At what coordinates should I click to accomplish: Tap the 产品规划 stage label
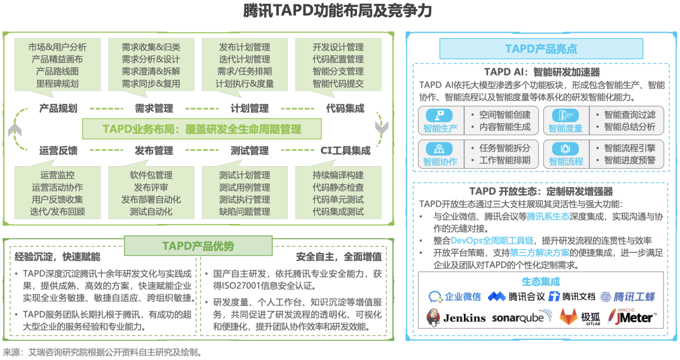[58, 108]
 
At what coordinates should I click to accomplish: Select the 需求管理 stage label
[154, 108]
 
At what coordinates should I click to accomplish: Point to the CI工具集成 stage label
[345, 150]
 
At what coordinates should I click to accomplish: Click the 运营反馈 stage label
[58, 150]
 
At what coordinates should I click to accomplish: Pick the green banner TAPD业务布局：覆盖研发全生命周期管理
[201, 129]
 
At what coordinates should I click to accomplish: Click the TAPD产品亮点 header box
[541, 48]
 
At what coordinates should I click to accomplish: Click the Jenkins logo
[456, 317]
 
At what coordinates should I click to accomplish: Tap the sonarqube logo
[518, 317]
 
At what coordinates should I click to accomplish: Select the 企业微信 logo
[455, 296]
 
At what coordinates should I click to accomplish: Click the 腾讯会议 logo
[514, 296]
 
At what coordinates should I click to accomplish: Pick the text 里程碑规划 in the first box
[57, 84]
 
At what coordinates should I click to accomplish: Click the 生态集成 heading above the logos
[540, 281]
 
